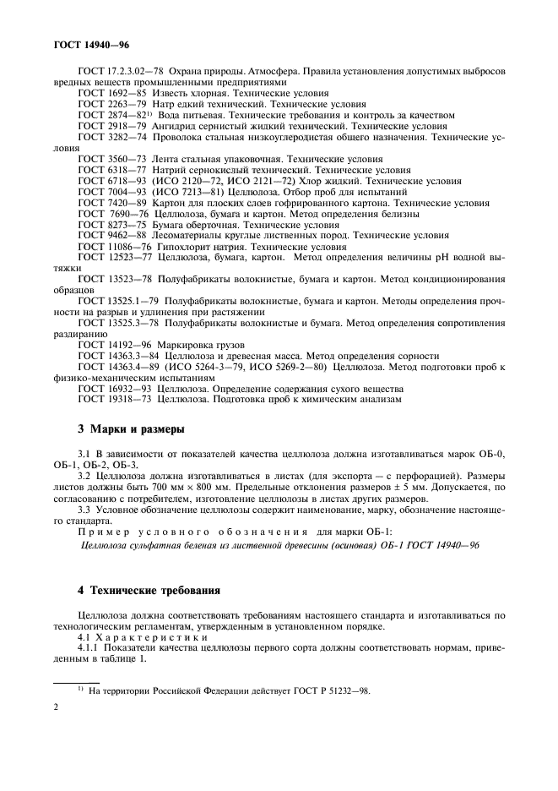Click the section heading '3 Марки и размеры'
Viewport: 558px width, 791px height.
click(x=123, y=429)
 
